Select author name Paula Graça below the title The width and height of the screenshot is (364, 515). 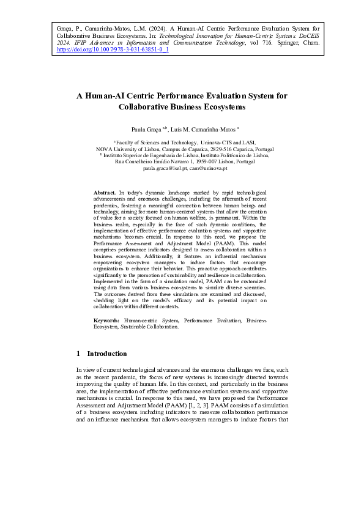146,130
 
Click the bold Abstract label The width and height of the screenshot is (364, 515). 105,192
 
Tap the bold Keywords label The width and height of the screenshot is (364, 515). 107,320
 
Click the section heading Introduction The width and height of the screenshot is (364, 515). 107,354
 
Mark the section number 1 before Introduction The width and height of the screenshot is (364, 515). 78,354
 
